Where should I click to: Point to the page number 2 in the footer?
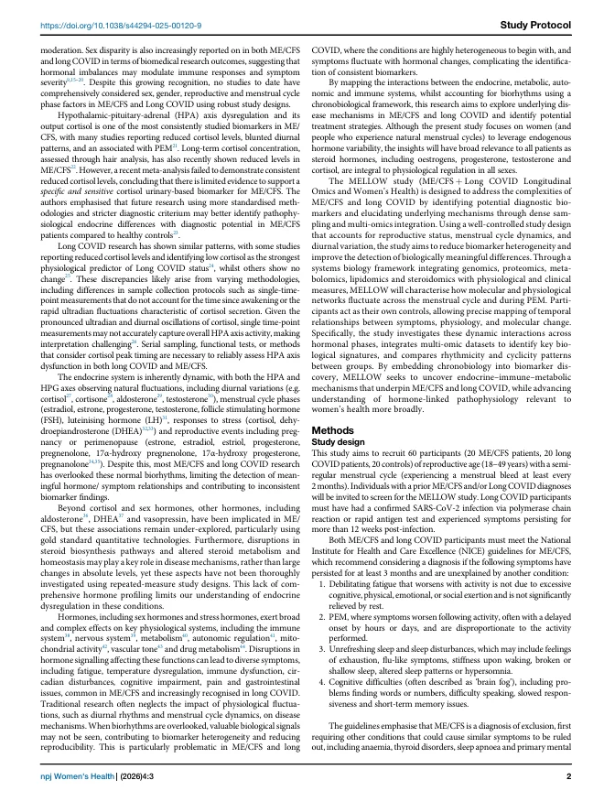click(x=568, y=777)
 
